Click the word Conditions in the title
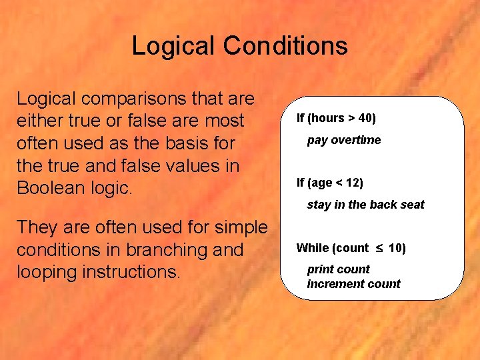pyautogui.click(x=285, y=46)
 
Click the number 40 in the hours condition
pyautogui.click(x=365, y=119)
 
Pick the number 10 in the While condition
pyautogui.click(x=395, y=249)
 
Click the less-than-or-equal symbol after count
pyautogui.click(x=377, y=249)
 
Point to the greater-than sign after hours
pyautogui.click(x=351, y=119)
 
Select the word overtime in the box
pyautogui.click(x=358, y=140)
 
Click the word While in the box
pyautogui.click(x=312, y=249)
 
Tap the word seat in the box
pyautogui.click(x=412, y=205)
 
